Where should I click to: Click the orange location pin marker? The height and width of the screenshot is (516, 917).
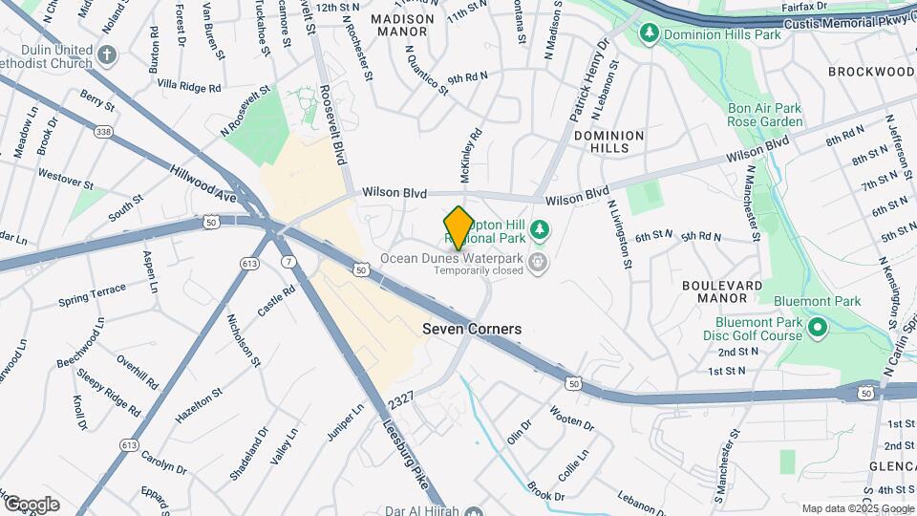click(458, 227)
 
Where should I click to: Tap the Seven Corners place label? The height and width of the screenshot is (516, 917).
click(472, 329)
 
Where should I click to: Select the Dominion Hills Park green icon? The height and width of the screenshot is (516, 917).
click(650, 34)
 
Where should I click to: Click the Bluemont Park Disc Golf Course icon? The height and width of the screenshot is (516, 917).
click(817, 329)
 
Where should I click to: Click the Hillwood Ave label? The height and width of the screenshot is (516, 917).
click(203, 182)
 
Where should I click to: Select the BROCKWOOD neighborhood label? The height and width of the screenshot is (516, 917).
click(871, 72)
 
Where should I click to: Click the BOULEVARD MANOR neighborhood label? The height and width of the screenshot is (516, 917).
click(722, 291)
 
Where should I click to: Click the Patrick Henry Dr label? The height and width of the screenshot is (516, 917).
click(587, 82)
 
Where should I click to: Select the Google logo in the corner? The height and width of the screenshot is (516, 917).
click(31, 504)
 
